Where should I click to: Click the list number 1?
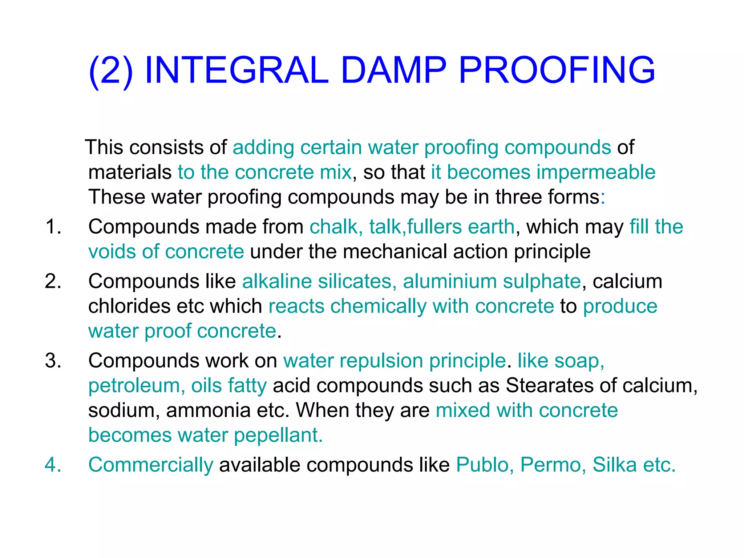pyautogui.click(x=53, y=227)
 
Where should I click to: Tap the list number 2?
pyautogui.click(x=53, y=282)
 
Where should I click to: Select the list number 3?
pyautogui.click(x=53, y=361)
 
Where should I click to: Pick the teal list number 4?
pyautogui.click(x=53, y=465)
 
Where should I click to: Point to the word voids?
pyautogui.click(x=112, y=252)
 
